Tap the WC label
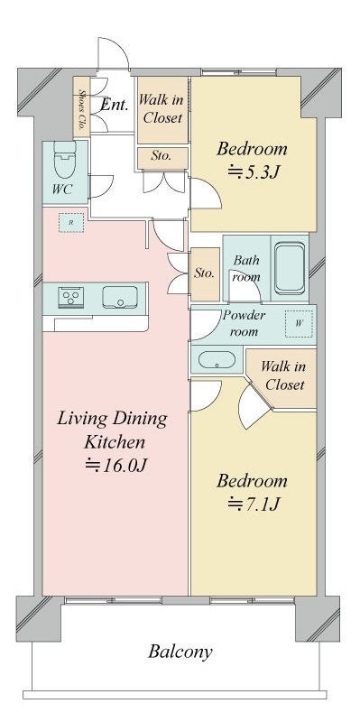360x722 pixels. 61,190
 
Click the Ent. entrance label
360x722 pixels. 114,105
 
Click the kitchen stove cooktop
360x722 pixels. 70,297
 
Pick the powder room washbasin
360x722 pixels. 216,360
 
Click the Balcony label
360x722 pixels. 180,652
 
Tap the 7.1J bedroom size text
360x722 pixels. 252,504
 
